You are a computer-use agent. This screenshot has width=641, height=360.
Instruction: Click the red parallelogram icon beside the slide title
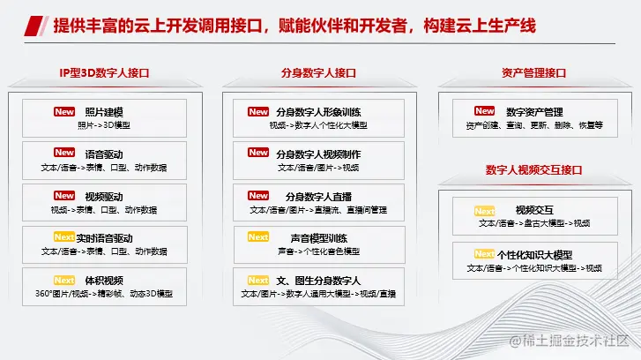(x=34, y=26)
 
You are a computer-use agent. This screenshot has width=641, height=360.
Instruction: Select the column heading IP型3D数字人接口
(x=105, y=73)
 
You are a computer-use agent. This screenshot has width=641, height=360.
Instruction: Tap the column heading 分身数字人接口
(x=318, y=73)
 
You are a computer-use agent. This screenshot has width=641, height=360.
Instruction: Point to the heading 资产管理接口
(x=534, y=73)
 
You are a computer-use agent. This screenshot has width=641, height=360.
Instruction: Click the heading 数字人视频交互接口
(x=534, y=169)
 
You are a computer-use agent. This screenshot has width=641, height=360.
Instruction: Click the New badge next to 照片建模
(x=64, y=112)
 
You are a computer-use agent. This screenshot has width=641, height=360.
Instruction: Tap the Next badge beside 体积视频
(x=64, y=281)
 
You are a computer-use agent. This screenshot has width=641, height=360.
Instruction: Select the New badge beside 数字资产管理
(x=484, y=111)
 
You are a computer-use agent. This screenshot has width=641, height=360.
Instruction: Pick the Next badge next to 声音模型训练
(x=258, y=236)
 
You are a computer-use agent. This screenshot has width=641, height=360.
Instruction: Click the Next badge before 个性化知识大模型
(x=484, y=254)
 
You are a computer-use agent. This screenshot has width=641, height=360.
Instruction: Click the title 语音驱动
(x=104, y=154)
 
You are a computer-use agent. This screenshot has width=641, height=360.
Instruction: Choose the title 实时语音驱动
(x=104, y=238)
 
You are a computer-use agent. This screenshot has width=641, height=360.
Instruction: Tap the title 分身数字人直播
(x=318, y=197)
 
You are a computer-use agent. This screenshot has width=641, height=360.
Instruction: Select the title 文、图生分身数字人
(x=318, y=281)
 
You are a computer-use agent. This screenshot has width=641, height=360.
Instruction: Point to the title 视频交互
(x=534, y=210)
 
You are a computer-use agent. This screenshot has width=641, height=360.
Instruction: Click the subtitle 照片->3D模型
(x=104, y=125)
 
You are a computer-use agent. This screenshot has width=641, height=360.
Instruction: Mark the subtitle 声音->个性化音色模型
(x=319, y=251)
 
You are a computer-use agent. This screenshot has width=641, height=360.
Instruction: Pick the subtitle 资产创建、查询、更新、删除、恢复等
(x=534, y=125)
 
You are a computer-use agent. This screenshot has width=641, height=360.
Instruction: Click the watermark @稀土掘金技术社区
(x=569, y=341)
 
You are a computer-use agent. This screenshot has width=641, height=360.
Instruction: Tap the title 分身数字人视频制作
(x=318, y=154)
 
